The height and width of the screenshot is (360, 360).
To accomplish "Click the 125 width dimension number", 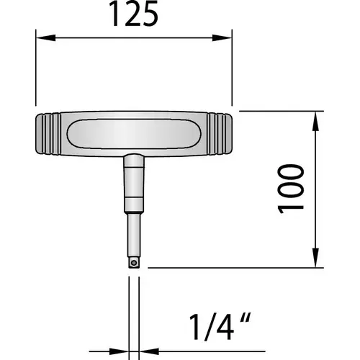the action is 134,14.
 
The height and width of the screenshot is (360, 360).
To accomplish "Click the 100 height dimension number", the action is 291,189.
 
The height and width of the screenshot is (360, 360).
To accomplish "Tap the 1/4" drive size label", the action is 220,327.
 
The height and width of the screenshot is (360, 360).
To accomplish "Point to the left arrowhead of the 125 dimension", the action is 45,37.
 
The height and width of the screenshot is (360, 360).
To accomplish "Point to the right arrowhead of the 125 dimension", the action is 222,37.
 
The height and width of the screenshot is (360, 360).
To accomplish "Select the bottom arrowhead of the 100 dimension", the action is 315,258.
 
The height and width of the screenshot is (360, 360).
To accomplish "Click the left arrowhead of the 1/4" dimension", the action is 119,351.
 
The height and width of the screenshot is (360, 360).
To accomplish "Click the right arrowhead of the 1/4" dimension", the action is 149,351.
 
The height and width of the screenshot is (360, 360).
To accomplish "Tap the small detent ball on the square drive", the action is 134,263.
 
